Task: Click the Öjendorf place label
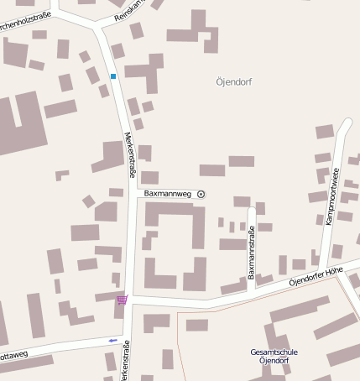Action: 233,82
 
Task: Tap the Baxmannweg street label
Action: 168,194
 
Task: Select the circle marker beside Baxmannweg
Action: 201,194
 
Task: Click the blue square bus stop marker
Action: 113,76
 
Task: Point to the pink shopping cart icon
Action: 123,300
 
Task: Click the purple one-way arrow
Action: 113,340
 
